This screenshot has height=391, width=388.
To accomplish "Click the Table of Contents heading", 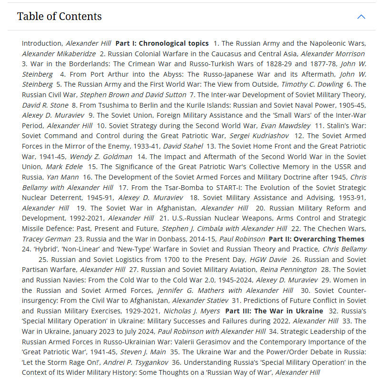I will (x=59, y=17).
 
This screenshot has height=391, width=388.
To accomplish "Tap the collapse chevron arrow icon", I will (x=361, y=17).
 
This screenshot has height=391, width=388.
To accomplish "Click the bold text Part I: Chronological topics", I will (x=162, y=43).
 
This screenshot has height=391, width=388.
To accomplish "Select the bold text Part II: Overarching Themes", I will (x=317, y=239).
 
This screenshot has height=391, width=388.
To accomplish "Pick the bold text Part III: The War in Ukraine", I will (x=274, y=311).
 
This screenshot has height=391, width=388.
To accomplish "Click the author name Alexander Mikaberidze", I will (x=59, y=53).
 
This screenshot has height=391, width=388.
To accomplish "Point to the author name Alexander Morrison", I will (x=333, y=53).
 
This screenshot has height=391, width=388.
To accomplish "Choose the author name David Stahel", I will (x=183, y=146).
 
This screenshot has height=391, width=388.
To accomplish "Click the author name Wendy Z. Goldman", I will (x=101, y=157).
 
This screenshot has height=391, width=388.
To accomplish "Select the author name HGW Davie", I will (x=268, y=260).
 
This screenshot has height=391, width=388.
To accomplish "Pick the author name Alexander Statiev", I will (x=199, y=301).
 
